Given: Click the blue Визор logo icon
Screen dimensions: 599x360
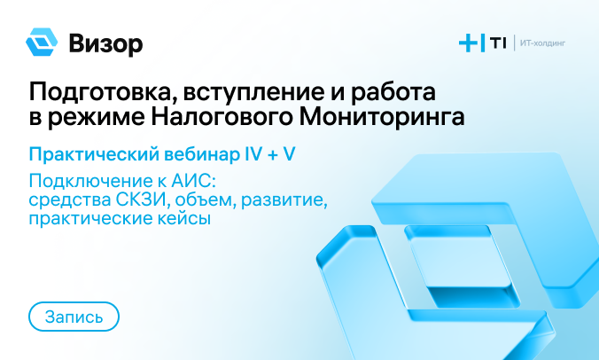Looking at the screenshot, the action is click(x=42, y=42).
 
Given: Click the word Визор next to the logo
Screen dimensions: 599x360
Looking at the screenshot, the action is click(x=105, y=44).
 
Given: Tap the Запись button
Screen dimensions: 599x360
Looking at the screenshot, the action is click(x=74, y=317).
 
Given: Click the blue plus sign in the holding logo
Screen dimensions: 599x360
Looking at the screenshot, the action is click(x=469, y=43).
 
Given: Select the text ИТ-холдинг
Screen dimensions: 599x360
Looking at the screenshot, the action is click(x=542, y=43).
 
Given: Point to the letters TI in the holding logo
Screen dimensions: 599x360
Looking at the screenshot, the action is click(x=498, y=43).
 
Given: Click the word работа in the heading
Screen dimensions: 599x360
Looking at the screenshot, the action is click(x=393, y=93).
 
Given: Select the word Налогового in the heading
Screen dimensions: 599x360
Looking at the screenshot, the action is click(x=222, y=117).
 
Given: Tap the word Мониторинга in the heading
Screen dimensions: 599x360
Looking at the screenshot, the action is click(x=382, y=117).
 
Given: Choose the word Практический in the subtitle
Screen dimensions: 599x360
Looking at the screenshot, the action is click(x=94, y=154).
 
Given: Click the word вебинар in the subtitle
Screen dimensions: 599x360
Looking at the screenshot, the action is click(x=201, y=154).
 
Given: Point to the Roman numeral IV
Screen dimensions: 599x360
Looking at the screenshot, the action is click(x=253, y=154).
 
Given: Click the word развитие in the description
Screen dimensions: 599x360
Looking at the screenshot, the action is click(x=284, y=200).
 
